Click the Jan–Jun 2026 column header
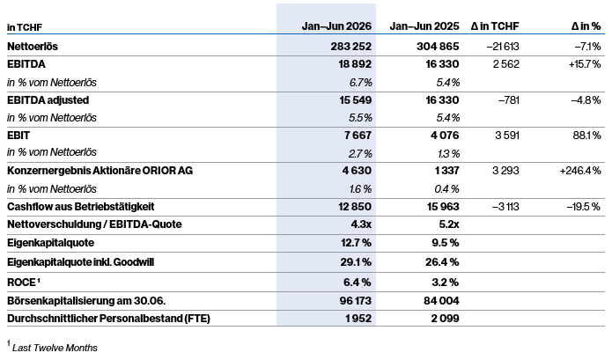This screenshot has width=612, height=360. pos(336,26)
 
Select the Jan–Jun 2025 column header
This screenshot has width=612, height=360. pos(424,26)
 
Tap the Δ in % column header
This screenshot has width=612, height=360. pos(586,26)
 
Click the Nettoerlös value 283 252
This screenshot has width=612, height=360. pos(350,47)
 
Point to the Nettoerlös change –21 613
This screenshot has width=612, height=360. pos(503,47)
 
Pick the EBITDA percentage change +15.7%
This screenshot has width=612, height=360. pos(585,64)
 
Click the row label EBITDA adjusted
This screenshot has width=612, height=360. pos(48,100)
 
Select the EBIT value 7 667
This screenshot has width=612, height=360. pos(358,136)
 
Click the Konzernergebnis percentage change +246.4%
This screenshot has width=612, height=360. pos(580,171)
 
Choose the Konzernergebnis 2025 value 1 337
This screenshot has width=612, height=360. pos(447,171)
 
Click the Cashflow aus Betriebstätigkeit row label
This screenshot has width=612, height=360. pos(81,206)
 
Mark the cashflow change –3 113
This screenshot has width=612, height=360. pos(505,206)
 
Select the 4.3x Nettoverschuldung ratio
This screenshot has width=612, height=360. pos(361,224)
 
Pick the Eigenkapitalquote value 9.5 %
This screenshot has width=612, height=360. pos(446,243)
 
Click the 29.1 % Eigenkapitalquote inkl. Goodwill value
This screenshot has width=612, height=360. pos(356,261)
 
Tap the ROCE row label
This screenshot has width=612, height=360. pos(24,282)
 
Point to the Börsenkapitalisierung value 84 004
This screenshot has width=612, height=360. pos(441,301)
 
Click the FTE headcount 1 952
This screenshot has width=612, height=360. pos(358,319)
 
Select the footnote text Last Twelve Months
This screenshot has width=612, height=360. pos(55,348)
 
